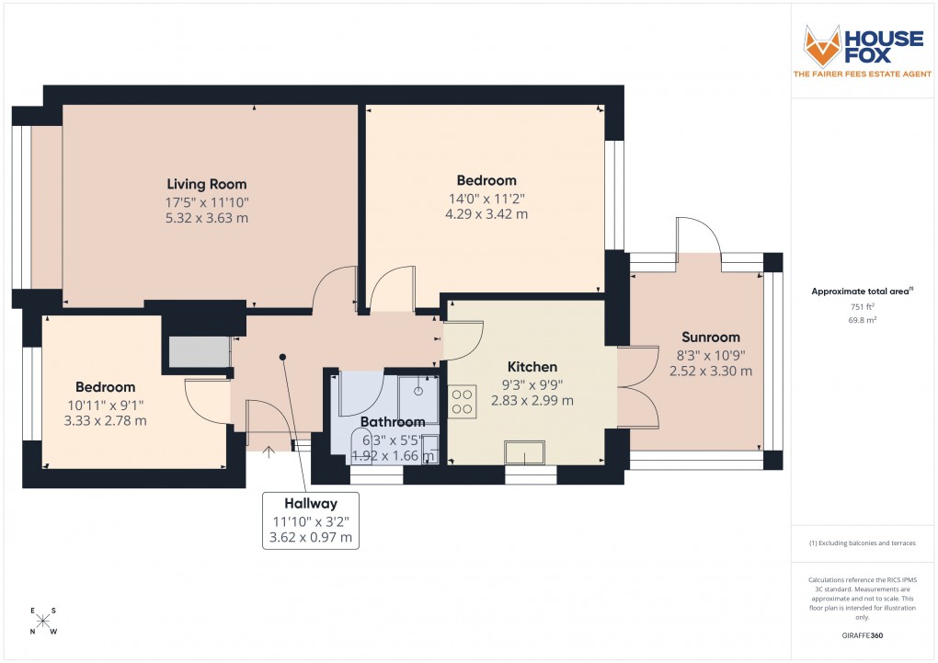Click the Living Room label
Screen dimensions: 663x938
point(206,184)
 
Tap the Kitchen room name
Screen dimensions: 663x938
point(532,367)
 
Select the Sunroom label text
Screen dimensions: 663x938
point(710,337)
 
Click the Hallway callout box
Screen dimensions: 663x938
point(310,520)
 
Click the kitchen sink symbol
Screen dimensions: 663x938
point(524,452)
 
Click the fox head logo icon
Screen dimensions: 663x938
point(822,44)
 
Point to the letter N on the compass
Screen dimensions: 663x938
point(33,632)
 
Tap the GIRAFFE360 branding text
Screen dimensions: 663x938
point(864,634)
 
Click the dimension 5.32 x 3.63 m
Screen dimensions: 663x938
point(206,219)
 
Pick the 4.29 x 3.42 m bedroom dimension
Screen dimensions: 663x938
point(486,214)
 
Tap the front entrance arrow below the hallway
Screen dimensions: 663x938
point(269,451)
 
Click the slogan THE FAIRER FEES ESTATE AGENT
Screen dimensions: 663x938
point(863,74)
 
